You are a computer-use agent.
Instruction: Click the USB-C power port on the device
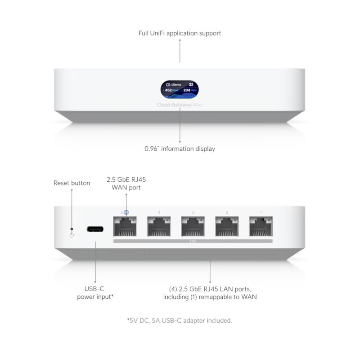point(95,229)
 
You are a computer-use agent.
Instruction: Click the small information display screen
point(180,90)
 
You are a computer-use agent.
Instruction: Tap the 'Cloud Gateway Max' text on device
point(180,105)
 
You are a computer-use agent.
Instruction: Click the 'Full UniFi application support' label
point(180,33)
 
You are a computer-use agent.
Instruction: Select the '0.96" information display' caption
point(180,148)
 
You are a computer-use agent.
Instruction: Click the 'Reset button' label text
point(72,183)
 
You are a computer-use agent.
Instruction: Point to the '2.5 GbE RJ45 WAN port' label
point(126,183)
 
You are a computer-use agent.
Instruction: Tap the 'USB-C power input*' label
point(95,293)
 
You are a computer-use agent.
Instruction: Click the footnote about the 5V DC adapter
point(180,320)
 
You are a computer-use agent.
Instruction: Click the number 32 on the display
point(191,84)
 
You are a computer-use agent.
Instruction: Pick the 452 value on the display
point(168,90)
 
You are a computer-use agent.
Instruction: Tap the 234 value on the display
point(187,90)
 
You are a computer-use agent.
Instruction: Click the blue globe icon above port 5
point(126,211)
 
